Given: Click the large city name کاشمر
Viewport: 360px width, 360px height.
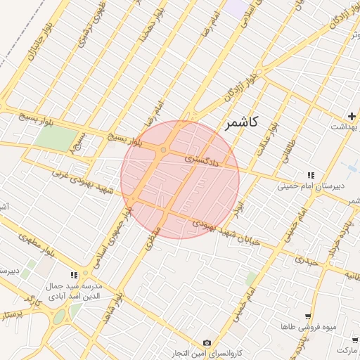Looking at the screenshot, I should (x=241, y=122).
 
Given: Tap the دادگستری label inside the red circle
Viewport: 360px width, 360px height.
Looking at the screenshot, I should (x=202, y=161).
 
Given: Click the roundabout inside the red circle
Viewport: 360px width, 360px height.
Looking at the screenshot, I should (x=163, y=150).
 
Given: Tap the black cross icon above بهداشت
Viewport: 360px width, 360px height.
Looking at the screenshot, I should (x=351, y=115).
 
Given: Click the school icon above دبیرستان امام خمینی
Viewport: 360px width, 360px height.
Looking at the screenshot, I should (x=310, y=175).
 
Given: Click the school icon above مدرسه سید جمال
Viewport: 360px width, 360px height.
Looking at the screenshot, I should (x=74, y=275).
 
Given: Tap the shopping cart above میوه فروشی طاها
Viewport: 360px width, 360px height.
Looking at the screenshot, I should (x=307, y=317).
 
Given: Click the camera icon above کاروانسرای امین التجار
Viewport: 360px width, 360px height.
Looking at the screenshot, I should (x=206, y=342).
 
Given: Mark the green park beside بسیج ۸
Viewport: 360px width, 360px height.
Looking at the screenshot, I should (x=53, y=138).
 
